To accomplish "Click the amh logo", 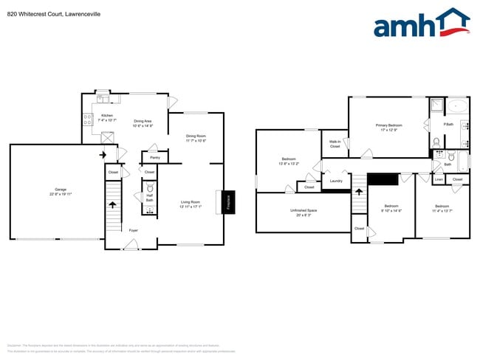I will [421, 24].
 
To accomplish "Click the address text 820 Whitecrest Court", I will [38, 13].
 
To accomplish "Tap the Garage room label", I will [55, 192].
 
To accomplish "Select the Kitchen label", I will [107, 117].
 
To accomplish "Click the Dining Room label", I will [196, 137].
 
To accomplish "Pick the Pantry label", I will [155, 157].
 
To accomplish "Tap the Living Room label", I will [191, 203].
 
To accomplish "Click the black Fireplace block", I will [227, 202].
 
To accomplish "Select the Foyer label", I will [134, 230].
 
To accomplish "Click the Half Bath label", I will [149, 198].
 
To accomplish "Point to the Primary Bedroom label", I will [389, 127].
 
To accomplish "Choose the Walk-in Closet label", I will [335, 145].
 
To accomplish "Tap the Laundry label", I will [336, 181].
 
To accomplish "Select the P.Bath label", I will [448, 123].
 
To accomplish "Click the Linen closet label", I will [438, 179].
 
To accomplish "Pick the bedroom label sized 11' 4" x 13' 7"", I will [442, 207].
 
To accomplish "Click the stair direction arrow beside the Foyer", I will [112, 206].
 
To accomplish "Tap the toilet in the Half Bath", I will [149, 189].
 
